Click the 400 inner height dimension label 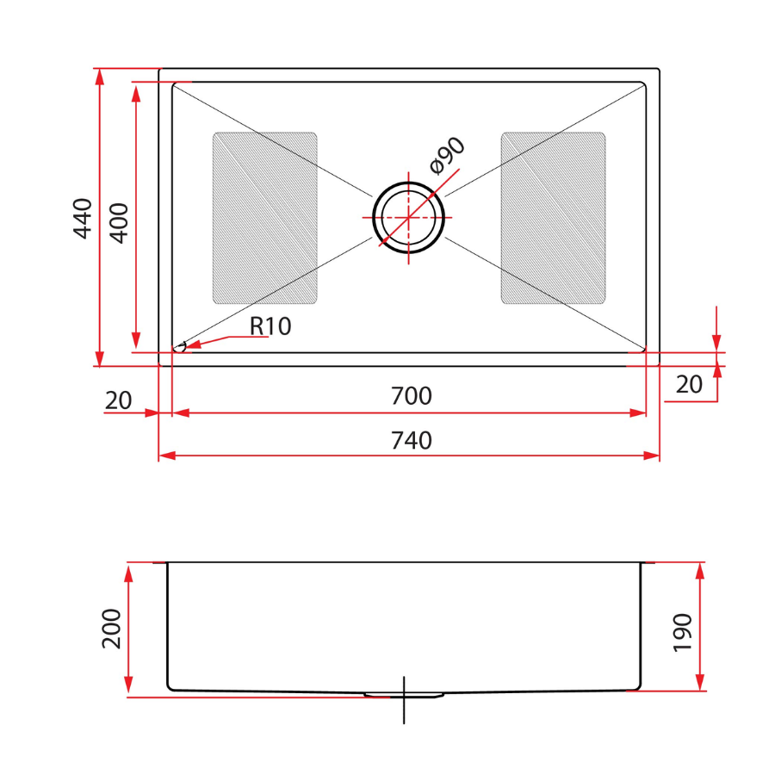(x=119, y=222)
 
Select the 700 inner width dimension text (x=411, y=397)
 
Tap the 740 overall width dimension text (x=411, y=441)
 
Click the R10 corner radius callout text (x=271, y=326)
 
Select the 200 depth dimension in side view (x=112, y=629)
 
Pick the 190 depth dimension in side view (x=682, y=632)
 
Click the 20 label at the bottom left (x=118, y=400)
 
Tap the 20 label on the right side (x=689, y=385)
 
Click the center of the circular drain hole (x=409, y=217)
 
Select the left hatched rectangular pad (x=264, y=218)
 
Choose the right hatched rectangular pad (x=553, y=218)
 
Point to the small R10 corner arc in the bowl (x=181, y=347)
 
